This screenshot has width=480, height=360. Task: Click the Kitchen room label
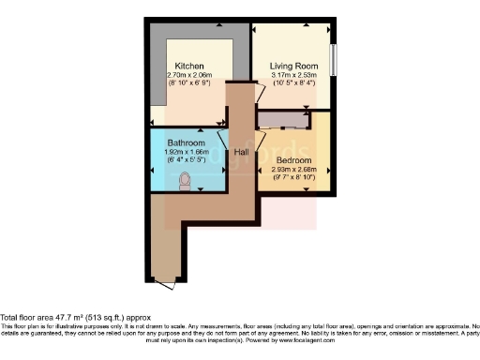[191, 66]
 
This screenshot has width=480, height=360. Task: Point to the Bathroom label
[187, 142]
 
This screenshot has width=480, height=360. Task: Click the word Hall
[241, 152]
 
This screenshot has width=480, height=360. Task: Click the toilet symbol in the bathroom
[186, 180]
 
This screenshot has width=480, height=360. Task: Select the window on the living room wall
[333, 58]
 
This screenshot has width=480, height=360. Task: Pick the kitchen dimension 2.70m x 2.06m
[193, 74]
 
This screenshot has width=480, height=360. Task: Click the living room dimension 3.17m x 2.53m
[295, 74]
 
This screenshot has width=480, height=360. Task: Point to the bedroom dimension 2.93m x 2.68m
[295, 170]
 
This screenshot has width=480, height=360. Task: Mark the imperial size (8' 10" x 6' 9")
[193, 82]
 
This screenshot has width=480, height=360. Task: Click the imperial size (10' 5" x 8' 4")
[295, 82]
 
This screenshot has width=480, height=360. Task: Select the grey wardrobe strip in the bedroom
[283, 119]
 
